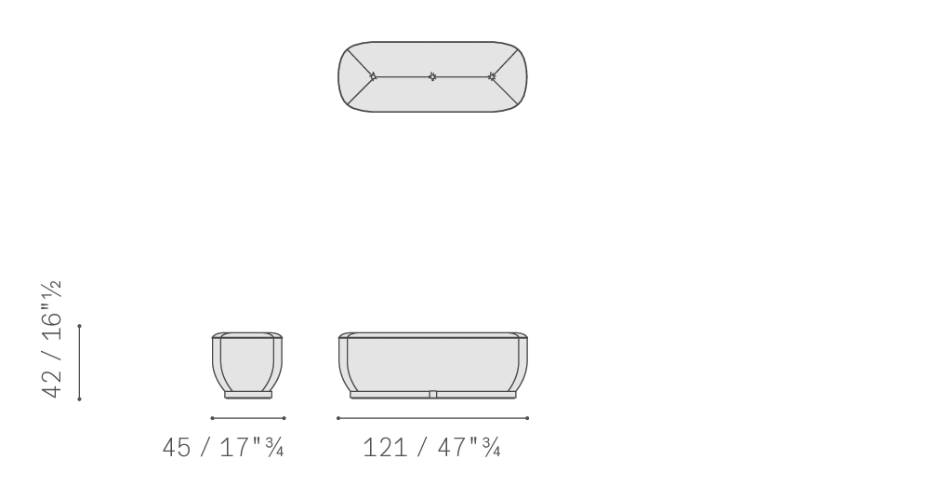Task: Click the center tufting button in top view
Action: (x=432, y=76)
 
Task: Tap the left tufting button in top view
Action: (x=373, y=76)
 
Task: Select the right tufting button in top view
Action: (x=492, y=76)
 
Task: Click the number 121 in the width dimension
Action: (x=384, y=448)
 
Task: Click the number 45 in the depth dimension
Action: (x=177, y=448)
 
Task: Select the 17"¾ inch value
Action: (x=251, y=447)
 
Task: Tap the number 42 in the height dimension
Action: (x=52, y=383)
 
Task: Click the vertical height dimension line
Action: (x=80, y=362)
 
